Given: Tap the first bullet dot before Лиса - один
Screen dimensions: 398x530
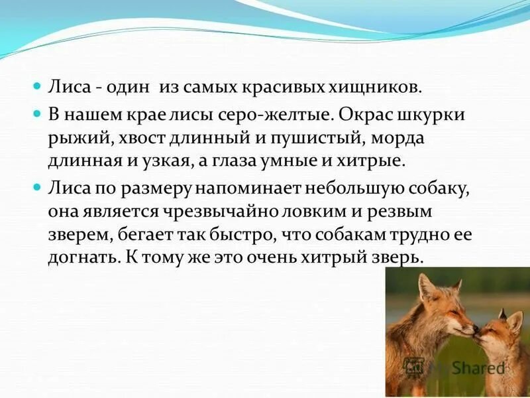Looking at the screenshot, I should click(x=38, y=87).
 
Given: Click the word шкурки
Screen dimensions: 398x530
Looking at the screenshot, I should click(x=433, y=114).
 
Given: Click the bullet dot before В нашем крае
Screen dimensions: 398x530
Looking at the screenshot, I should click(x=38, y=114).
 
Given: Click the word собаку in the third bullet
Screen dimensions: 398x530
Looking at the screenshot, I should click(x=437, y=189).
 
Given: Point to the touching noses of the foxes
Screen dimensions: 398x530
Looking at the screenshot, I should click(x=474, y=330).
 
